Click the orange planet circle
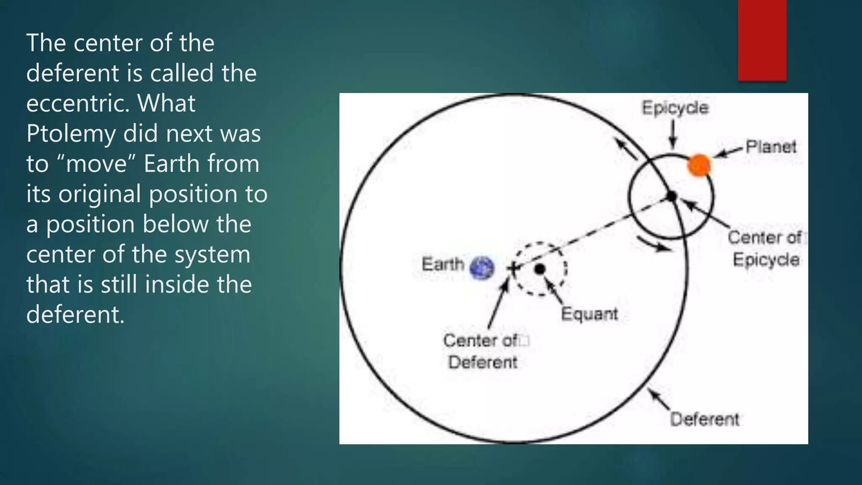(x=699, y=165)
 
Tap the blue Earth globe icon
(x=482, y=268)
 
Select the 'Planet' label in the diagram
(x=771, y=147)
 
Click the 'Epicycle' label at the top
(x=675, y=108)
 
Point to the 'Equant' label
(x=589, y=314)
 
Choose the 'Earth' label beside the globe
(x=443, y=264)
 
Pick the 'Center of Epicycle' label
(x=766, y=248)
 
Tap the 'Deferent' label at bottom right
(x=705, y=419)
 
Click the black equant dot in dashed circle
(x=540, y=269)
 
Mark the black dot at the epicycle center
(x=672, y=196)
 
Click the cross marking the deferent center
(x=513, y=268)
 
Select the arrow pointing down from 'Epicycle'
(x=673, y=135)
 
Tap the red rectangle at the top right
(x=762, y=40)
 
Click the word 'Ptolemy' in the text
(x=71, y=133)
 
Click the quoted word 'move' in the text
(x=97, y=164)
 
